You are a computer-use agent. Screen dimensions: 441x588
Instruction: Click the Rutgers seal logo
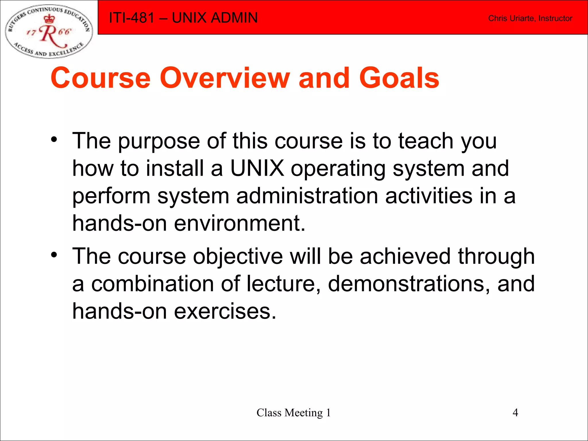[x=49, y=31]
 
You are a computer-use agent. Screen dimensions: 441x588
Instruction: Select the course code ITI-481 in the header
[x=132, y=18]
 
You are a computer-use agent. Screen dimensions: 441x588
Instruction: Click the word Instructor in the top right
[x=555, y=18]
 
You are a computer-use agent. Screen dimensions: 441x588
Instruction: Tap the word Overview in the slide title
[x=225, y=78]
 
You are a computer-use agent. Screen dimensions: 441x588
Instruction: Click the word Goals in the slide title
[x=399, y=78]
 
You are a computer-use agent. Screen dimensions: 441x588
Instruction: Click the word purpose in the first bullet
[x=159, y=141]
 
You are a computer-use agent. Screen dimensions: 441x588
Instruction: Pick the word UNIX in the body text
[x=257, y=169]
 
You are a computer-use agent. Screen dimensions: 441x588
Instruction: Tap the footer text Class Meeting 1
[x=293, y=413]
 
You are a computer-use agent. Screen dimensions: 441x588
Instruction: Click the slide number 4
[x=515, y=413]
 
